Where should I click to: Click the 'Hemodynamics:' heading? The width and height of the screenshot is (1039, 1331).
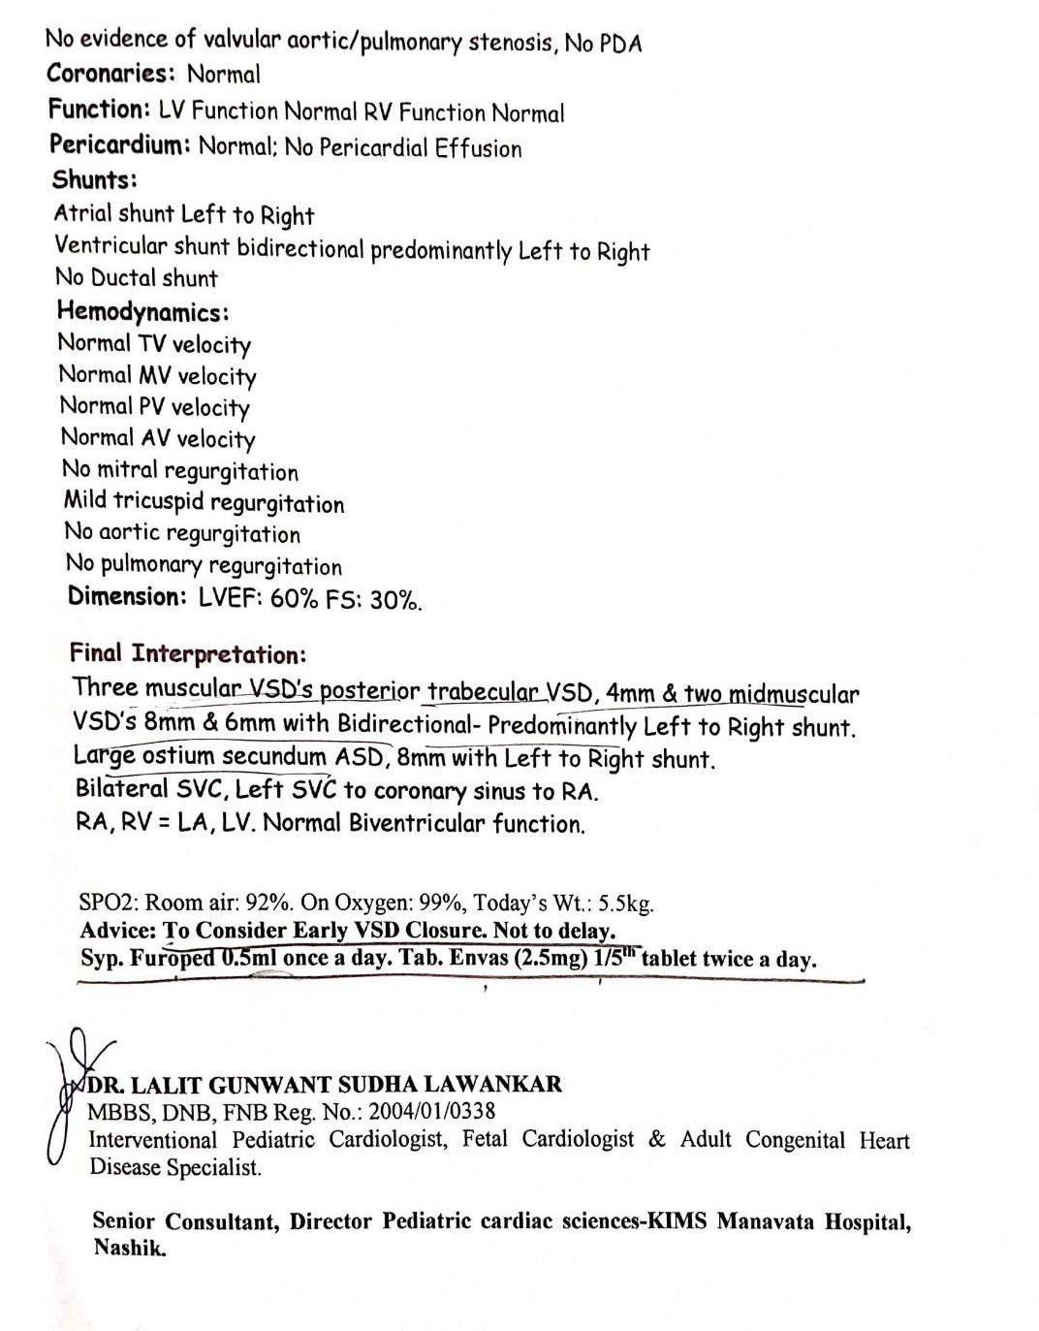click(x=142, y=312)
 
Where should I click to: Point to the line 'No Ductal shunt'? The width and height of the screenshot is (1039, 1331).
click(x=137, y=278)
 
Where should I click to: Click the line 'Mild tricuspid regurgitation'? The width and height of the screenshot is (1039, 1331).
click(x=204, y=502)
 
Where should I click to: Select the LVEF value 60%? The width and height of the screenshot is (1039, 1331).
click(x=294, y=598)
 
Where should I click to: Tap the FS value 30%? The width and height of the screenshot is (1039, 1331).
click(x=396, y=600)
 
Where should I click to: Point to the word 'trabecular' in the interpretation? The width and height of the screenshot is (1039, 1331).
click(x=483, y=692)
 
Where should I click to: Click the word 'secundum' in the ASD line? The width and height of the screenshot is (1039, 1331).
click(x=273, y=756)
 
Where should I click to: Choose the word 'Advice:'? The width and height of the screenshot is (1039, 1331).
click(x=117, y=931)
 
